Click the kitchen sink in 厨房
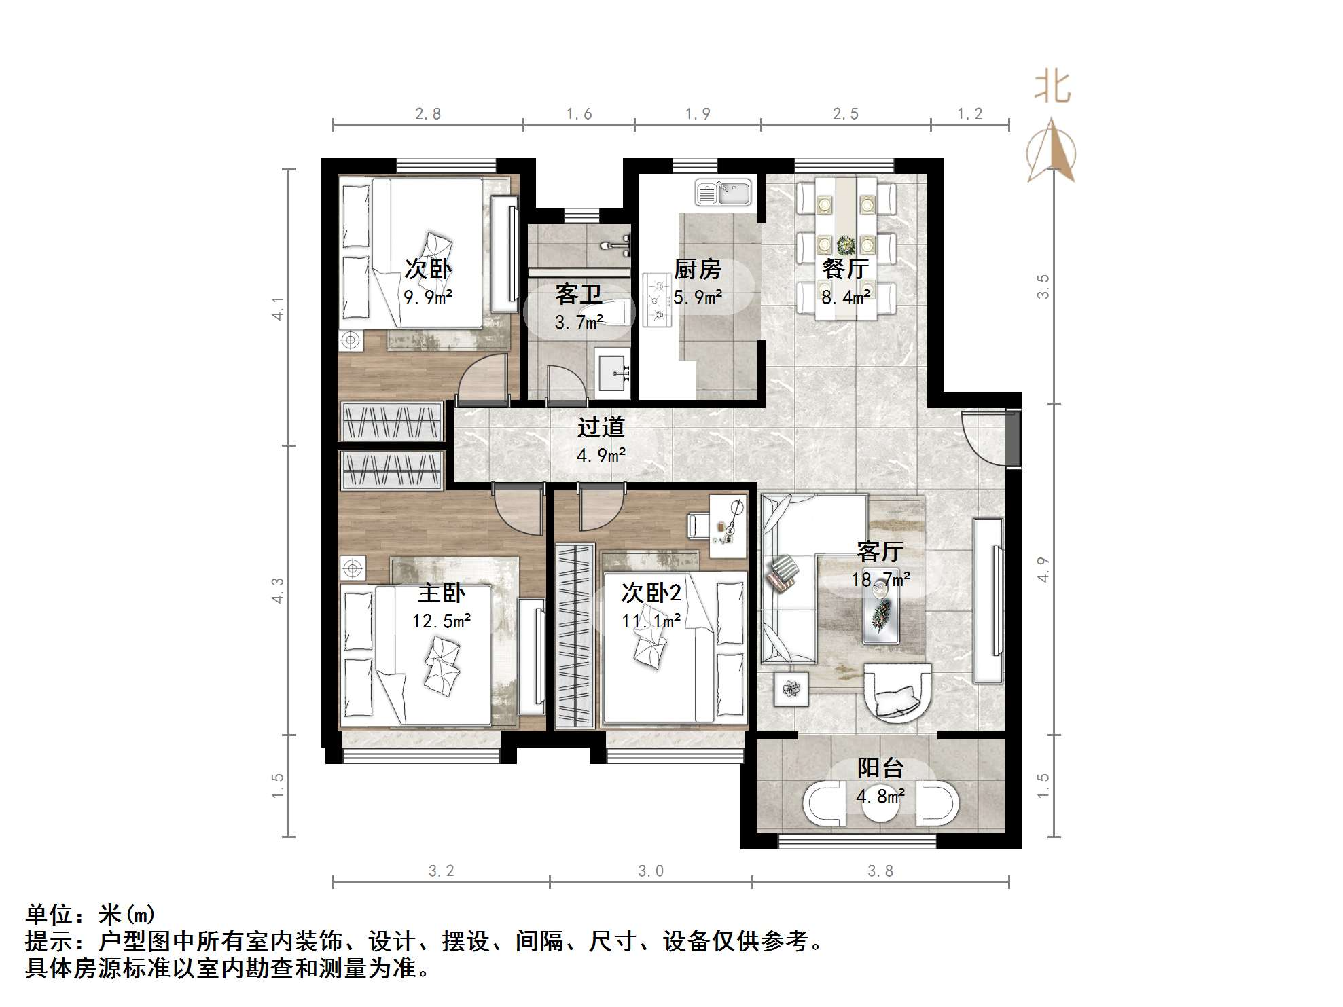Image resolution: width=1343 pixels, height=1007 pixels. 723,192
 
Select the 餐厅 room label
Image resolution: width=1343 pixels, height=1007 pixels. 845,269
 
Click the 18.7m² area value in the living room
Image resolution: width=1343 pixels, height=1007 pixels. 880,579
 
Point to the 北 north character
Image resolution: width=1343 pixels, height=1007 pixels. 1052,88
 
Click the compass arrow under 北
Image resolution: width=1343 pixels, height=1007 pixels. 1051,151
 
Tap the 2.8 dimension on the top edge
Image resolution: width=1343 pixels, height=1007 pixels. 428,114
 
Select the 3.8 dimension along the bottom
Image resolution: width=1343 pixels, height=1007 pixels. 880,871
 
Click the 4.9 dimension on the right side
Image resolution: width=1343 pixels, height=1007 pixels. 1043,569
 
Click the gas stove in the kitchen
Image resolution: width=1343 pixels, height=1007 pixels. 657,299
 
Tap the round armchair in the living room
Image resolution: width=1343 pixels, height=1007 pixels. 896,693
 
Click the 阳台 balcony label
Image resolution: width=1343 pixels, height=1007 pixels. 880,768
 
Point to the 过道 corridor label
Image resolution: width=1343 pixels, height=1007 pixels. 601,427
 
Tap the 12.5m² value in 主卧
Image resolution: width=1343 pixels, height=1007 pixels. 442,621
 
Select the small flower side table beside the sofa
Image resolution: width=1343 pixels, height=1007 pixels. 791,689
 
